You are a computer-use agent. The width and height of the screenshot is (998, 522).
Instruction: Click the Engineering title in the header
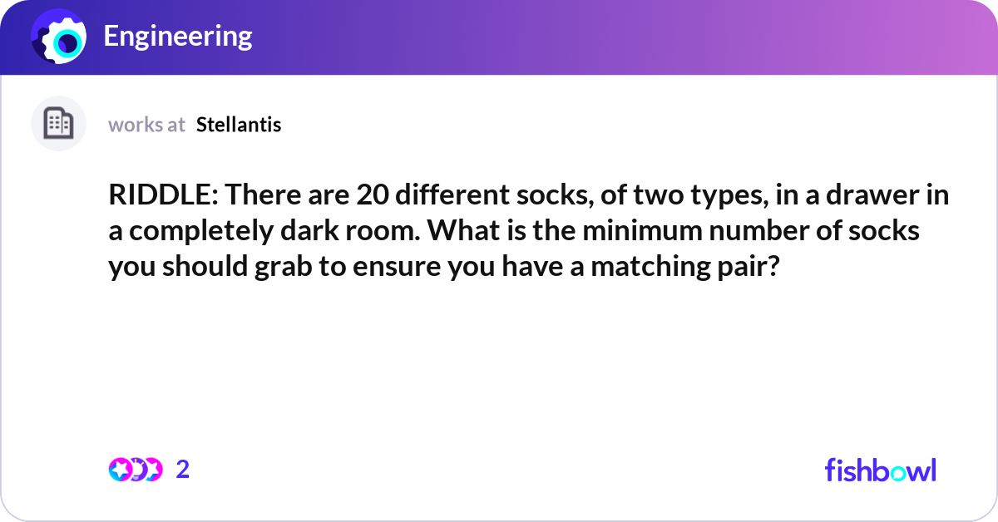[x=178, y=36]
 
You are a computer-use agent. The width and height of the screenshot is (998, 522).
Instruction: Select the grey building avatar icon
[x=58, y=124]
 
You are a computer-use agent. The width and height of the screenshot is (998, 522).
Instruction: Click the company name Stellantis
[x=239, y=125]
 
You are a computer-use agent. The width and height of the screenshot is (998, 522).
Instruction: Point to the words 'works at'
[x=146, y=125]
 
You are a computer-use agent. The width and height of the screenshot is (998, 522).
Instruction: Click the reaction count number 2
[x=183, y=470]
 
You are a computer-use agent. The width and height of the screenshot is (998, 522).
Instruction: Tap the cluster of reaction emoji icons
[x=136, y=470]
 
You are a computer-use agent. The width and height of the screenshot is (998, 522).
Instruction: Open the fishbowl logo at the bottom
[x=880, y=470]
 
